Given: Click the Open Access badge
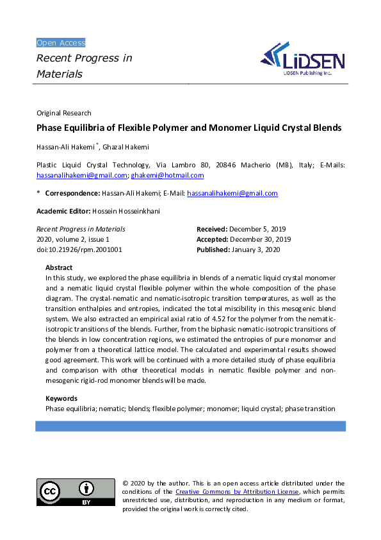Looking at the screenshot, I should coord(61,43).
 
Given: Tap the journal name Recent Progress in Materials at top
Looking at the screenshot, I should coord(84,66).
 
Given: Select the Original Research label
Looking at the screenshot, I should coord(63,113).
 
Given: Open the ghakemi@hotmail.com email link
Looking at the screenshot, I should coord(167,175).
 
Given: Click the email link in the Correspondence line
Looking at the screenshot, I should coord(232,193).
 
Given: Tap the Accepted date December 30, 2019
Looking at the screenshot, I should coord(259,239).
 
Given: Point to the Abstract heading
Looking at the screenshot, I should coord(59,267).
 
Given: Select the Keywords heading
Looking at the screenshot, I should coord(61,398).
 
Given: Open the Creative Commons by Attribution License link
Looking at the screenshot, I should coord(237,492).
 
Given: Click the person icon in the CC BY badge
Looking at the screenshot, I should coord(86,489).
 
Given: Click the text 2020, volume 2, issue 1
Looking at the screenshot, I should coord(72,239).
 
